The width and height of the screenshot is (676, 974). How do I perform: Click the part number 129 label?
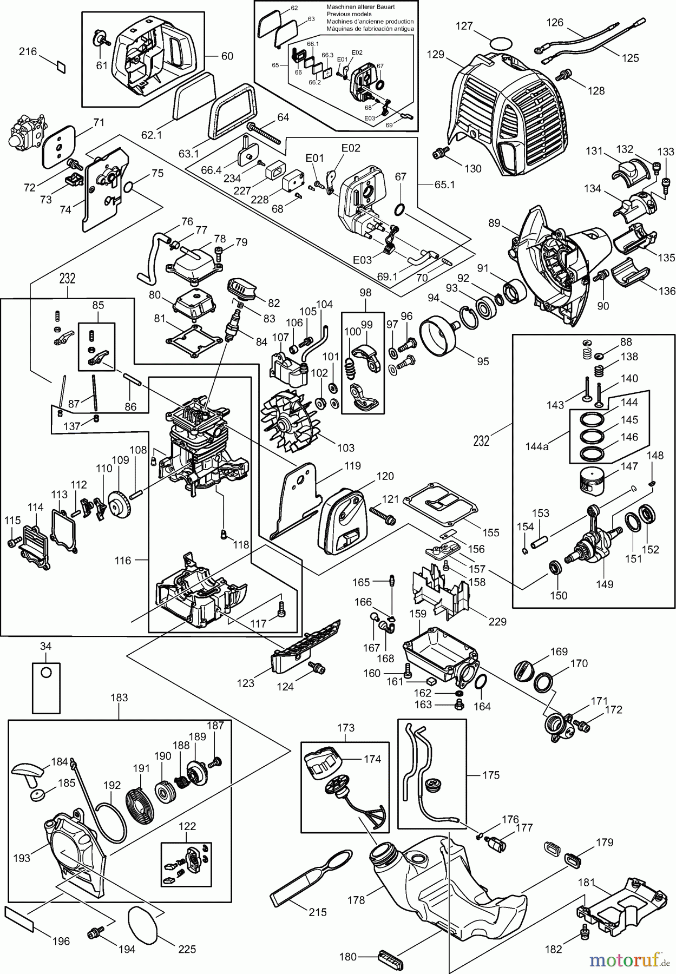click(435, 54)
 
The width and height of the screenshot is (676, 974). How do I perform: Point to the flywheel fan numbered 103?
click(286, 417)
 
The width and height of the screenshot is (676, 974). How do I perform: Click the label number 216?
click(28, 51)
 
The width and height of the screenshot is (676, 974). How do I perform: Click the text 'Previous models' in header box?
click(349, 14)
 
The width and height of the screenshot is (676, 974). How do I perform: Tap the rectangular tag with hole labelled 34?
click(46, 687)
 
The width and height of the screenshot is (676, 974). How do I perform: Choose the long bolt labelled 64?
click(265, 133)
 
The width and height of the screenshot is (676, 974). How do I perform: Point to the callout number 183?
click(119, 697)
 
